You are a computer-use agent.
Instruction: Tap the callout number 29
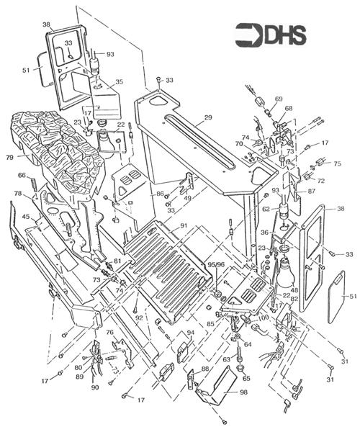pyautogui.click(x=208, y=117)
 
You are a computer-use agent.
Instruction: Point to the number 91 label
pyautogui.click(x=184, y=226)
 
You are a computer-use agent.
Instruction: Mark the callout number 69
pyautogui.click(x=279, y=98)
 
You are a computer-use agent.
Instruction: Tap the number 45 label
pyautogui.click(x=25, y=217)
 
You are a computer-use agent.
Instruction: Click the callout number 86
pyautogui.click(x=160, y=195)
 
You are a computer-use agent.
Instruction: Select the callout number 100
pyautogui.click(x=263, y=318)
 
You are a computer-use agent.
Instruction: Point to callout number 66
pyautogui.click(x=22, y=175)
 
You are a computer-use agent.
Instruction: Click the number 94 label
pyautogui.click(x=191, y=333)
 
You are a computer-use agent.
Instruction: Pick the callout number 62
pyautogui.click(x=265, y=210)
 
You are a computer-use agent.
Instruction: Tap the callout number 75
pyautogui.click(x=338, y=164)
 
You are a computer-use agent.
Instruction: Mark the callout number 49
pyautogui.click(x=188, y=199)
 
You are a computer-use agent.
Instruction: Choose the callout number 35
pyautogui.click(x=119, y=81)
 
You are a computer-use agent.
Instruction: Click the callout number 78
pyautogui.click(x=17, y=194)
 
